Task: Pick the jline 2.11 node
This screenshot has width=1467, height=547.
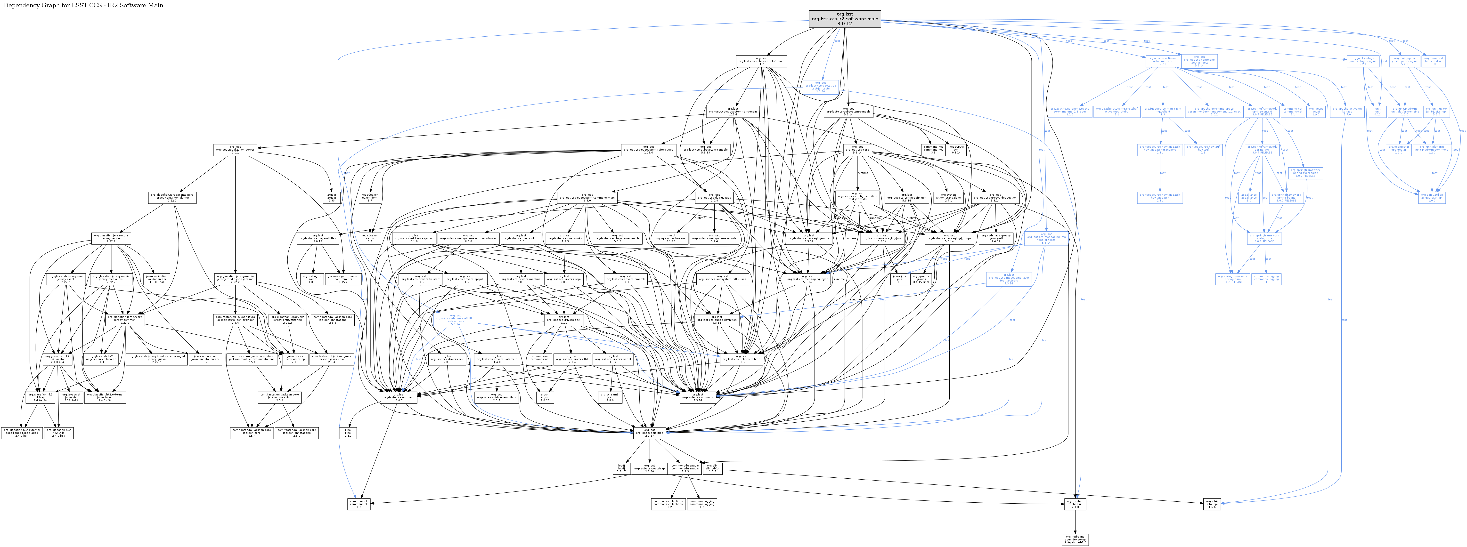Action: [348, 433]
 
